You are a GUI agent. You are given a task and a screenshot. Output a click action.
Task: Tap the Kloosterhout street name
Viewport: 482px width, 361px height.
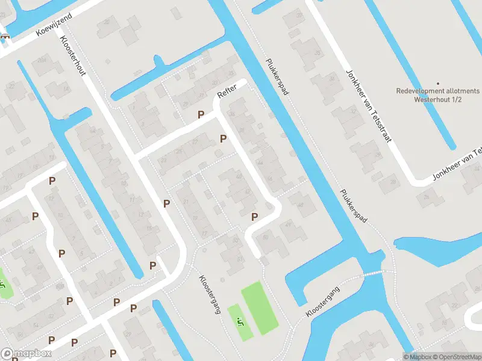(x=73, y=56)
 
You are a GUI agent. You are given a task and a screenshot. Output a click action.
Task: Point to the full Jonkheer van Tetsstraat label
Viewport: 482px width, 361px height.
(x=368, y=106)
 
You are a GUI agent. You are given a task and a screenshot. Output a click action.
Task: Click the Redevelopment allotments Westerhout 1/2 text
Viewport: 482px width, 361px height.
(x=438, y=94)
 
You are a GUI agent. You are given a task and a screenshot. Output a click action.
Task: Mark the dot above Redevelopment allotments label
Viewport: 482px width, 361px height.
(x=438, y=84)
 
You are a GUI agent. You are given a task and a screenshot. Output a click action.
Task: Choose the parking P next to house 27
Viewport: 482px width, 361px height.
(x=224, y=139)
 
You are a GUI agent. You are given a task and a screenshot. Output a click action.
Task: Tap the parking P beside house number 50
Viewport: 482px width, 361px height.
(x=255, y=217)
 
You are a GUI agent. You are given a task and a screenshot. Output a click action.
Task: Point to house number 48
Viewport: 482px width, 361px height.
(x=300, y=205)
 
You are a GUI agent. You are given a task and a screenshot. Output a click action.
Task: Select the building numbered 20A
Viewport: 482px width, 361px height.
(x=42, y=61)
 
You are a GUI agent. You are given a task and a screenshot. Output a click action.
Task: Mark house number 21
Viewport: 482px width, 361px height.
(x=187, y=202)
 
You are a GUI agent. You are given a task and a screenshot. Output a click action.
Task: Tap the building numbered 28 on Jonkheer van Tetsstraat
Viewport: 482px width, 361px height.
(x=393, y=182)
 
